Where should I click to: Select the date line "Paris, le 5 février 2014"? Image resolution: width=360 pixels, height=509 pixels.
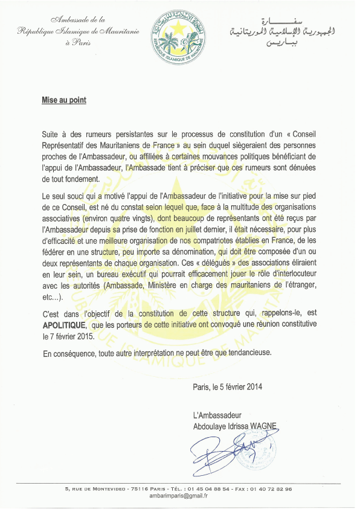tap(228, 386)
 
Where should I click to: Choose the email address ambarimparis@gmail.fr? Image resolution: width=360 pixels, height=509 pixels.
tap(179, 495)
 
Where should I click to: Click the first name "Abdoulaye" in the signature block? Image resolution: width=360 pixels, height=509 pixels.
tap(208, 426)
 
